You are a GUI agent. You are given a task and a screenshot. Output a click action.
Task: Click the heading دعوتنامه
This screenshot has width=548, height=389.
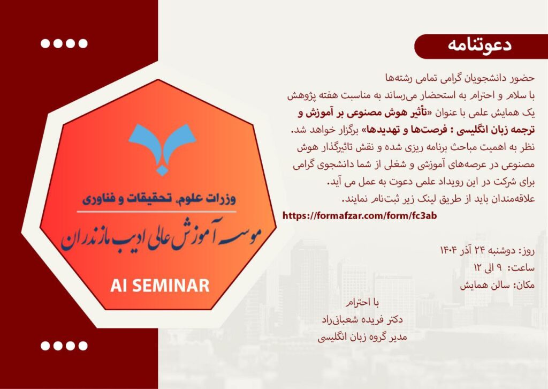coord(479,46)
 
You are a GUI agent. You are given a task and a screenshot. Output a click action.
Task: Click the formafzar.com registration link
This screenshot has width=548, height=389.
coord(360,215)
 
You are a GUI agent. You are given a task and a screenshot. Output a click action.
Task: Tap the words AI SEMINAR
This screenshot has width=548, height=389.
coord(159,286)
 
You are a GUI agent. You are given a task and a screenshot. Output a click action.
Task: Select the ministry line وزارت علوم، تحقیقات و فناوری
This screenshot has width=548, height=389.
coord(159,198)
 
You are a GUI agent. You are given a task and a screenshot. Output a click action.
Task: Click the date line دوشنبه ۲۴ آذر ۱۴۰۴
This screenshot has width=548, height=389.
coord(487,251)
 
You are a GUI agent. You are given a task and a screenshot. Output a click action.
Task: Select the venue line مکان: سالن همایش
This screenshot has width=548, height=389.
coord(497,286)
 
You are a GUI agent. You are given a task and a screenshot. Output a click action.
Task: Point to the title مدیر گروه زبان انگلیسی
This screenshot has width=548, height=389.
coord(362,337)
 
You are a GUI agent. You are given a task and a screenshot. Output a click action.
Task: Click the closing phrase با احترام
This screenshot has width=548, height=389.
coord(362,303)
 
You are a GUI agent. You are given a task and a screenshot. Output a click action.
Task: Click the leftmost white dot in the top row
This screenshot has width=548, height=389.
coord(45,43)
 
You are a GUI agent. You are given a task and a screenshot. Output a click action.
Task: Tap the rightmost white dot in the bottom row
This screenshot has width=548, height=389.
coord(83,346)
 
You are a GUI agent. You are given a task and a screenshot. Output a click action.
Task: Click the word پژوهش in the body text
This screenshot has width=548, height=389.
coord(301,96)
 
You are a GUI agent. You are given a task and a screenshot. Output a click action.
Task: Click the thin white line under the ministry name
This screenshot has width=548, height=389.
coord(157,212)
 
